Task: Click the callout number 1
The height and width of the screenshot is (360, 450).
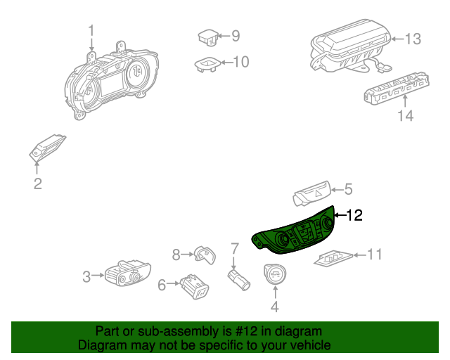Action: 91,30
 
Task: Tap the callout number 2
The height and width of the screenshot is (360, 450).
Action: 38,184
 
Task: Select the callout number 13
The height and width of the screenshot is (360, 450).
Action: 413,39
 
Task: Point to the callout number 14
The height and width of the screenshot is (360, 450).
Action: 406,116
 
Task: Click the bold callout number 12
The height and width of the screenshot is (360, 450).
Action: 354,215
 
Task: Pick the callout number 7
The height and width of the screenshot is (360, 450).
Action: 235,249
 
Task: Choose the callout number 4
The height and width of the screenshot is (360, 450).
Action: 275,307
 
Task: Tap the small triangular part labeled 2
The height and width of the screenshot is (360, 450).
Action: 47,148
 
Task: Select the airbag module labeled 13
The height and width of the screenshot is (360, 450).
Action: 351,46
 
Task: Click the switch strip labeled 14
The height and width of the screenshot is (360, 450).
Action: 397,89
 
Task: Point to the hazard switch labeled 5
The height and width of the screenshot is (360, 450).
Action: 311,194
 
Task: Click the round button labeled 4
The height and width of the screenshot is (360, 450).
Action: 275,274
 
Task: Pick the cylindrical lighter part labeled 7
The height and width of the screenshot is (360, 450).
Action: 239,280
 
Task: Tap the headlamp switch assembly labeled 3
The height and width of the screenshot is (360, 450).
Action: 128,274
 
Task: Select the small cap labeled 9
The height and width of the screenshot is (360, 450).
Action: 208,37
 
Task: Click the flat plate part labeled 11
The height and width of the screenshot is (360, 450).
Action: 333,258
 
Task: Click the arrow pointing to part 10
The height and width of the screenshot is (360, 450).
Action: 227,63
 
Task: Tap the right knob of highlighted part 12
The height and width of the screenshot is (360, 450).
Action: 328,222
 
